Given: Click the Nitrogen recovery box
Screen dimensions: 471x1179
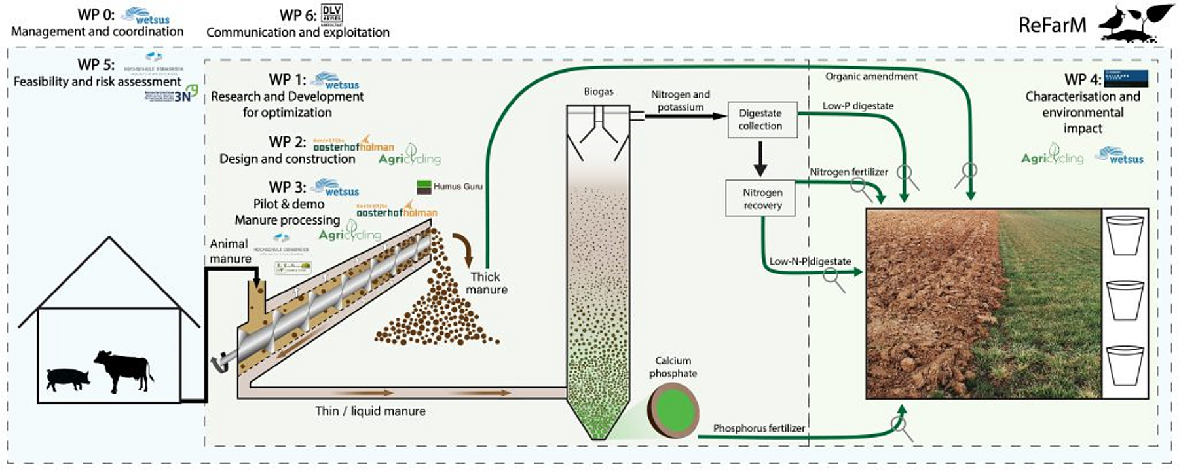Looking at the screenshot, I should coord(760,198).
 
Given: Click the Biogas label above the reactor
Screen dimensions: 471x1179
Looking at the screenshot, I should coord(599,92).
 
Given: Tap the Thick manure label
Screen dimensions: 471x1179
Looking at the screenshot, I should coord(486,283).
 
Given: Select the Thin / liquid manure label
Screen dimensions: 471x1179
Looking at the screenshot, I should coord(370,411).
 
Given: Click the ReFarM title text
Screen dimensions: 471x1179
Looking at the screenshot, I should coord(1052,26).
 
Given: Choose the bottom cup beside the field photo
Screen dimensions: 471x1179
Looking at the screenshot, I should coord(1125,367).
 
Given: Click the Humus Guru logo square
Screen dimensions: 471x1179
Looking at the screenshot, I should coord(424,187).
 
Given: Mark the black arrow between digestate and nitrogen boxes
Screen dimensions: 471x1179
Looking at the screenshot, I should coord(760,159).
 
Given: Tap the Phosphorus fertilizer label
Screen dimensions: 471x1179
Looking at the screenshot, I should coord(759,428).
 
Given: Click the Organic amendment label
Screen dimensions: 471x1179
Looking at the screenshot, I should coord(871,77).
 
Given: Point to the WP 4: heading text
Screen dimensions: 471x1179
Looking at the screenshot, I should coord(1083,80).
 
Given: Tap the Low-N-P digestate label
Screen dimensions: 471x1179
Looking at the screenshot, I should coord(810,261).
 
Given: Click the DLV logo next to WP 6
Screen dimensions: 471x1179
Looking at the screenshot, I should coord(332,14).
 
